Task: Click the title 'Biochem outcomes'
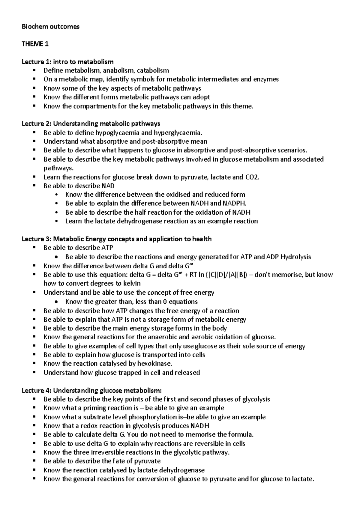[50, 26]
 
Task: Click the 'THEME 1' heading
[35, 44]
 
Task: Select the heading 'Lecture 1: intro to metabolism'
[67, 62]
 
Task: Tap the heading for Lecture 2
[91, 124]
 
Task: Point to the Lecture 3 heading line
[117, 239]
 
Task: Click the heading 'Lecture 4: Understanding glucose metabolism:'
[91, 390]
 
